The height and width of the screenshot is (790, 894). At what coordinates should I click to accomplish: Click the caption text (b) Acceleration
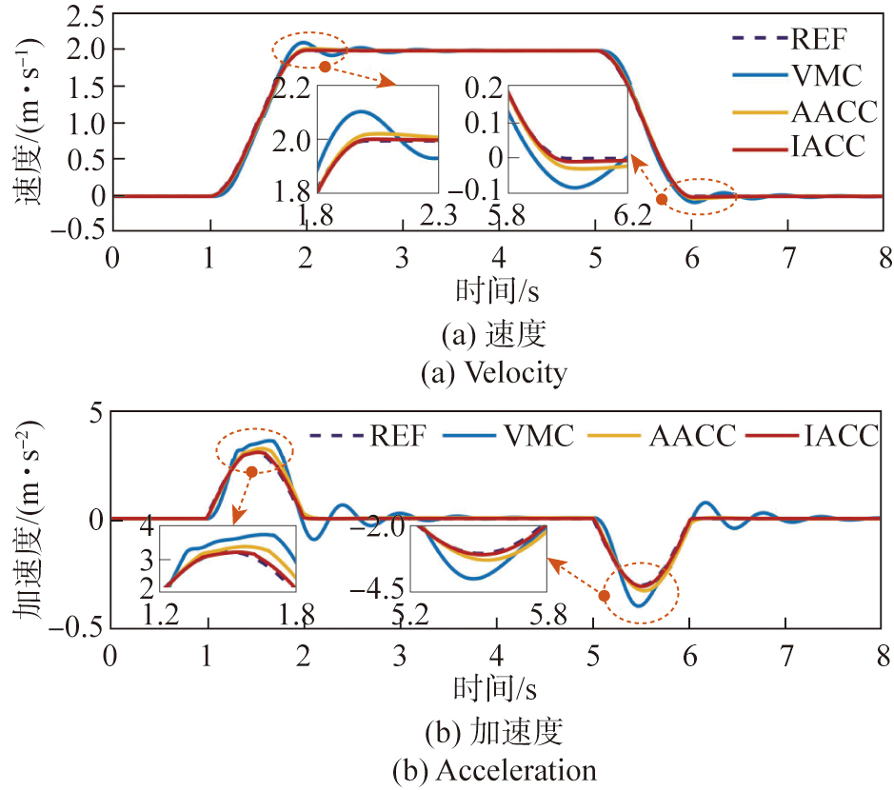[495, 770]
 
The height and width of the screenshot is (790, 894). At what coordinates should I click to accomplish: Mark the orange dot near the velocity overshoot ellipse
[326, 67]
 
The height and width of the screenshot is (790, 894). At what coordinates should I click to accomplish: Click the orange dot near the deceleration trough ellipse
[604, 596]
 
